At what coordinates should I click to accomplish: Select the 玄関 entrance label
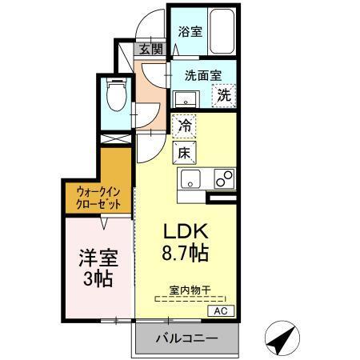tap(151, 50)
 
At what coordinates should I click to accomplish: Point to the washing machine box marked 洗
tap(225, 94)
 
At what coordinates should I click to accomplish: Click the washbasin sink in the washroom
tap(186, 99)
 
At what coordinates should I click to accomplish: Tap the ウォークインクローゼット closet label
tap(98, 198)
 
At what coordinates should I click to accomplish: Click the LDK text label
tap(186, 232)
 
